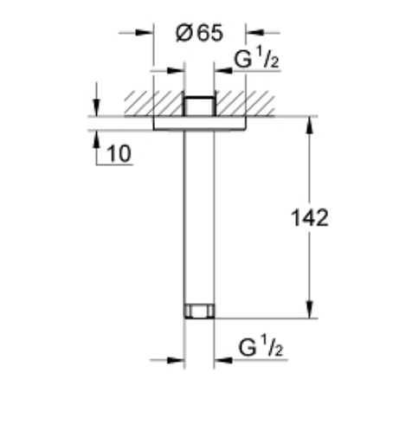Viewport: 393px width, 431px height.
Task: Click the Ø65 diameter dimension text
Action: click(x=199, y=33)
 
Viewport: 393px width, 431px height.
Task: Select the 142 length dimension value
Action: click(x=310, y=218)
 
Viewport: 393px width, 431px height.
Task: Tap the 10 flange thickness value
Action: click(x=119, y=153)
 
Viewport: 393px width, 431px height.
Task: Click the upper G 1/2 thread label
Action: click(x=256, y=58)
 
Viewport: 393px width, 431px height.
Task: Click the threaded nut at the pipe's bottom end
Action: click(x=199, y=311)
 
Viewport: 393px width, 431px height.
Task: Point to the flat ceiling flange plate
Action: click(x=199, y=123)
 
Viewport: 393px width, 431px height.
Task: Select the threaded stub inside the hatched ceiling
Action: click(x=199, y=106)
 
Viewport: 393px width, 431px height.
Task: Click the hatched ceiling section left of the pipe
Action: click(x=153, y=104)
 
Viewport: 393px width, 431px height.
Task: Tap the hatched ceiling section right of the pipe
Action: click(x=245, y=104)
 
